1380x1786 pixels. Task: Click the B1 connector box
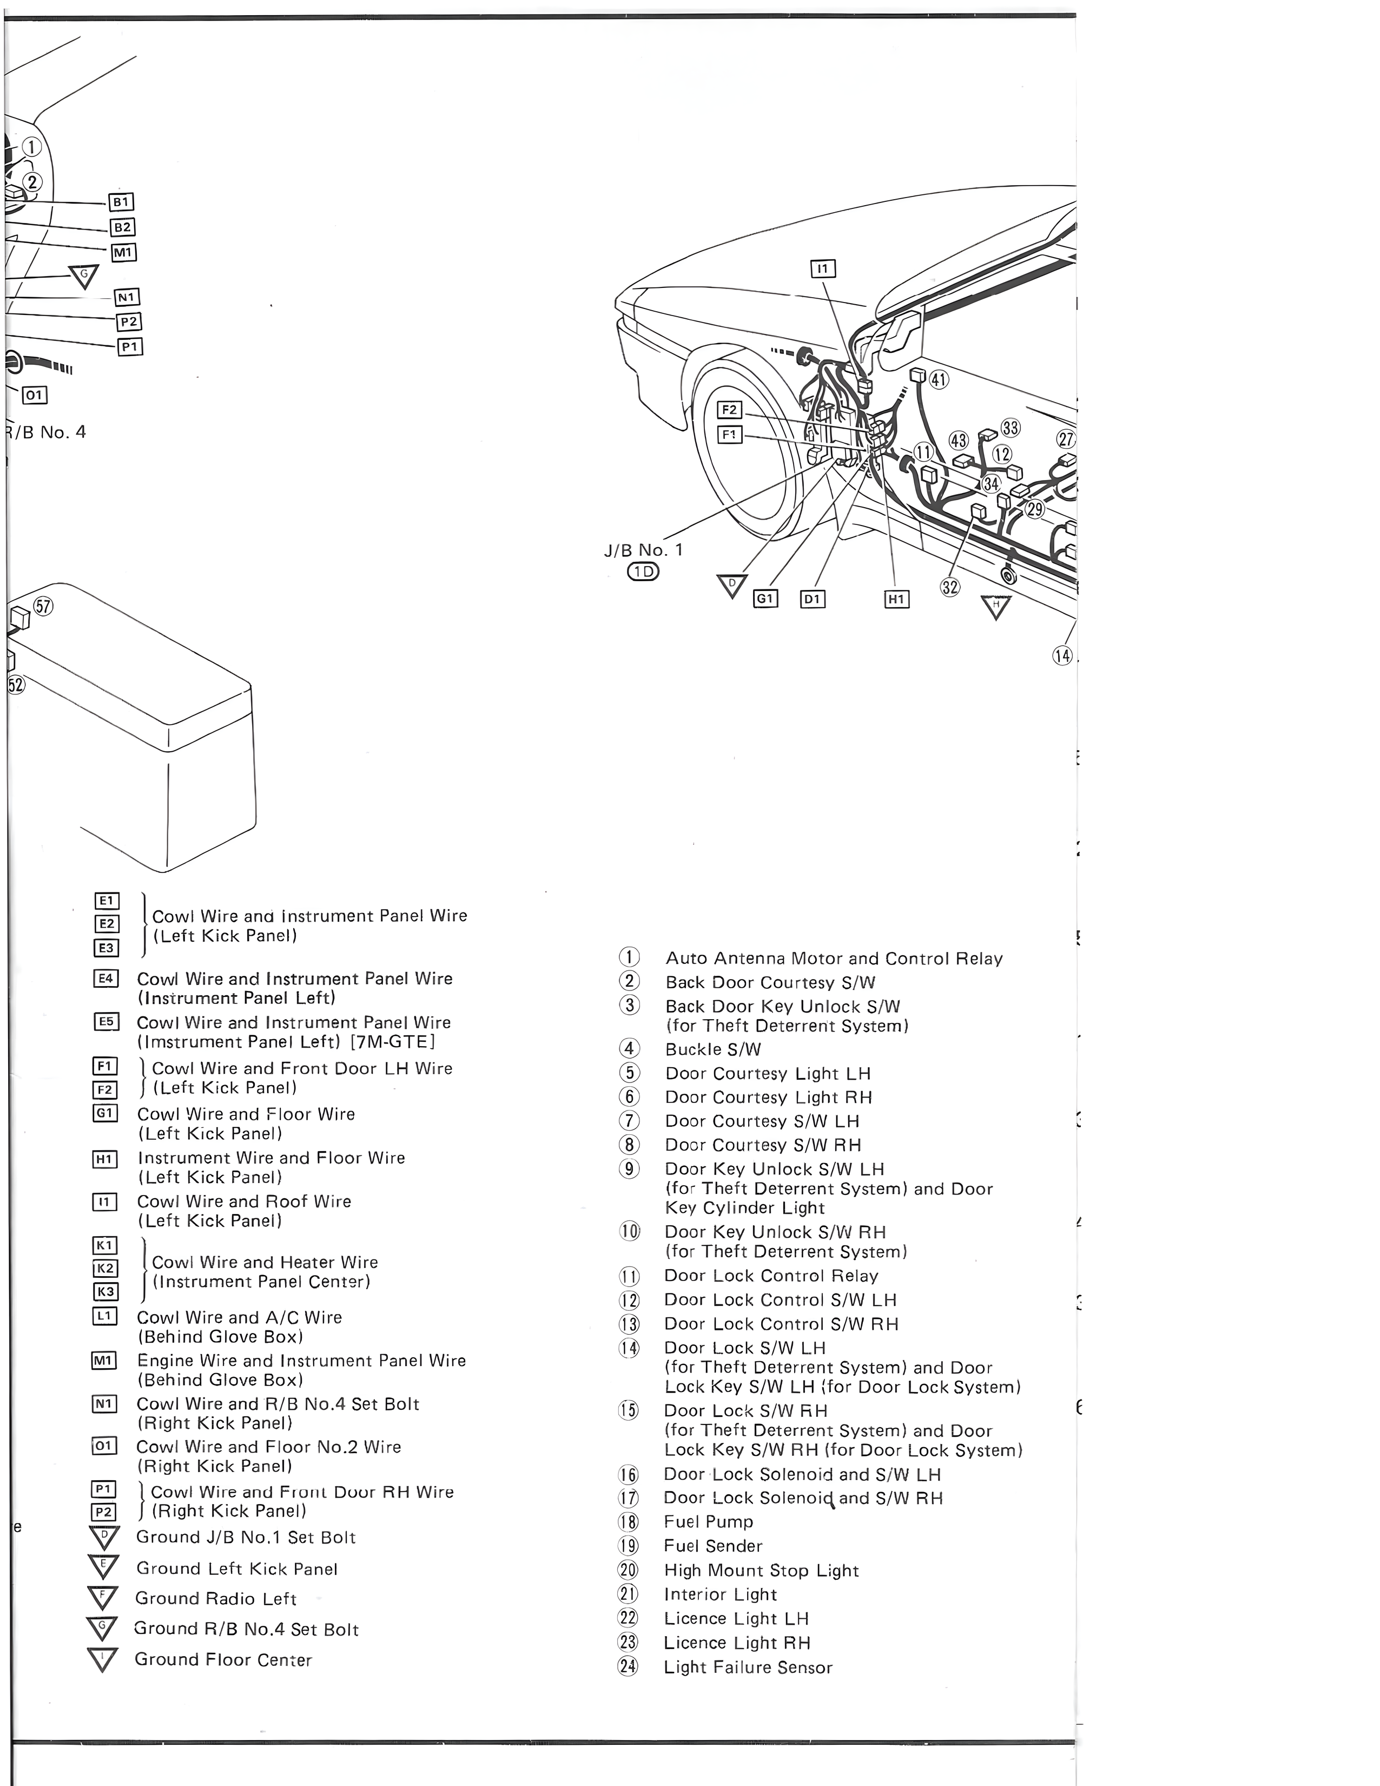pyautogui.click(x=121, y=202)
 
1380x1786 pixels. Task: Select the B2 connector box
pyautogui.click(x=123, y=227)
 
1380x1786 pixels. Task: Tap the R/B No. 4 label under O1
pyautogui.click(x=46, y=432)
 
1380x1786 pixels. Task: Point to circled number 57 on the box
pyautogui.click(x=43, y=606)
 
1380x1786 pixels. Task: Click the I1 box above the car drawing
pyautogui.click(x=822, y=269)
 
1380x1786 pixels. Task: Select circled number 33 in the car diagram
pyautogui.click(x=1011, y=428)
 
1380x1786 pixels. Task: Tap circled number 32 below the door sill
pyautogui.click(x=950, y=587)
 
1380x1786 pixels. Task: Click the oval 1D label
pyautogui.click(x=643, y=572)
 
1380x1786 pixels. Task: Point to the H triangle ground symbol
pyautogui.click(x=996, y=607)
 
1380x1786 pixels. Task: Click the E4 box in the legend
pyautogui.click(x=106, y=978)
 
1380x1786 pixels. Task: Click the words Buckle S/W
pyautogui.click(x=713, y=1049)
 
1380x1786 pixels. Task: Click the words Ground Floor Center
pyautogui.click(x=223, y=1659)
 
